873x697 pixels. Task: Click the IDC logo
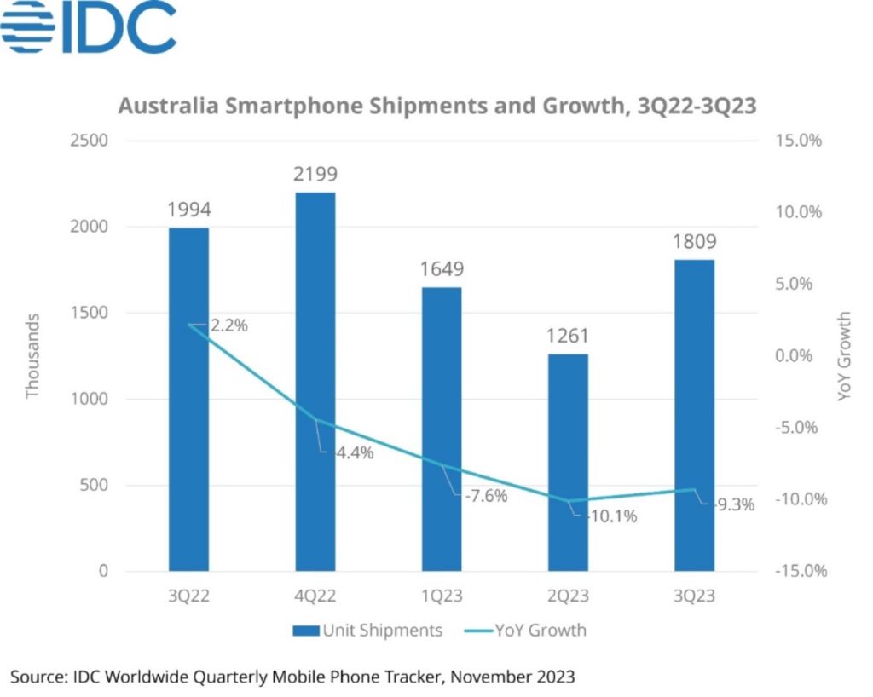[x=89, y=27]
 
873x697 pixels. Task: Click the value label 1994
[x=189, y=210]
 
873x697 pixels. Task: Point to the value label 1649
[x=442, y=270]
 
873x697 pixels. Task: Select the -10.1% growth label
[x=609, y=516]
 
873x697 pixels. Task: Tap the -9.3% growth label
[x=732, y=504]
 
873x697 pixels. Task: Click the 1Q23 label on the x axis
[x=442, y=596]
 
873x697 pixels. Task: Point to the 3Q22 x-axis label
[x=189, y=596]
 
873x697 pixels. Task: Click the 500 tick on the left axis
[x=95, y=485]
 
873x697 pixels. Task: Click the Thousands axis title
[x=32, y=356]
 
